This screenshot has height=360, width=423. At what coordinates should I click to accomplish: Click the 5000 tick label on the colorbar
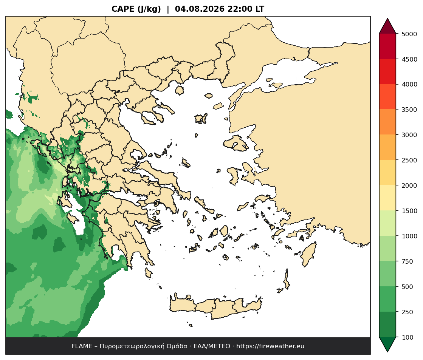pos(409,34)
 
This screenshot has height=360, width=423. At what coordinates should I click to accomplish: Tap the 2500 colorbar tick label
pos(409,160)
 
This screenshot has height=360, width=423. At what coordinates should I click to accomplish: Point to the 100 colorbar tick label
pos(408,337)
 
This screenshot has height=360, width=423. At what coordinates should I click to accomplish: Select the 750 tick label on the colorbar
pos(408,261)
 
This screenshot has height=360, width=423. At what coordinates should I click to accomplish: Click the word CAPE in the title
pos(123,9)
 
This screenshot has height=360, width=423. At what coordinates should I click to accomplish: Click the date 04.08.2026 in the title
pos(200,9)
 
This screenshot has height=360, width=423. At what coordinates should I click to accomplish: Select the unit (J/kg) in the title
pos(149,9)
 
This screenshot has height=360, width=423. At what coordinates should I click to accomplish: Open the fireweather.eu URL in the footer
pos(270,346)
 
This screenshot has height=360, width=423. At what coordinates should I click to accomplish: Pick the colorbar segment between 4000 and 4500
pos(387,72)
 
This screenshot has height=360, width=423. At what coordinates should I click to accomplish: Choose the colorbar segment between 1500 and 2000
pos(387,198)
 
